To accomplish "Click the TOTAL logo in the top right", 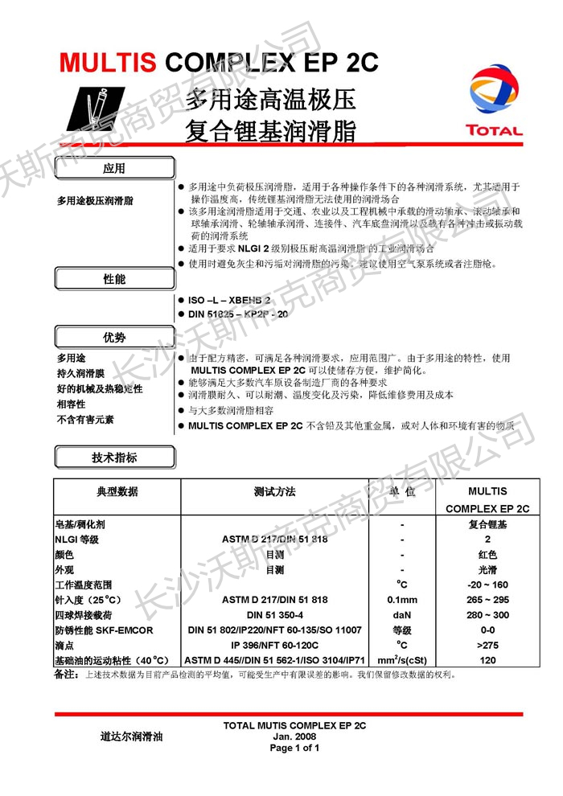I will tap(494, 101).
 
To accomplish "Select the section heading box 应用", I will tap(114, 169).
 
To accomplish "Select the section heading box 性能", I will tap(114, 279).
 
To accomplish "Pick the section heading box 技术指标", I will tap(114, 457).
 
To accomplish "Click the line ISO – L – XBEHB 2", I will tap(228, 298).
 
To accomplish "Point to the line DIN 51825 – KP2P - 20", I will tap(236, 314).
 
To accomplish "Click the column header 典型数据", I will tap(117, 491).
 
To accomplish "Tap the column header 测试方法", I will tap(274, 491).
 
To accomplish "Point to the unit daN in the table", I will tap(401, 615).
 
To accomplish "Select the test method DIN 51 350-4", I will tap(274, 615).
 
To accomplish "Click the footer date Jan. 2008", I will tap(294, 737).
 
